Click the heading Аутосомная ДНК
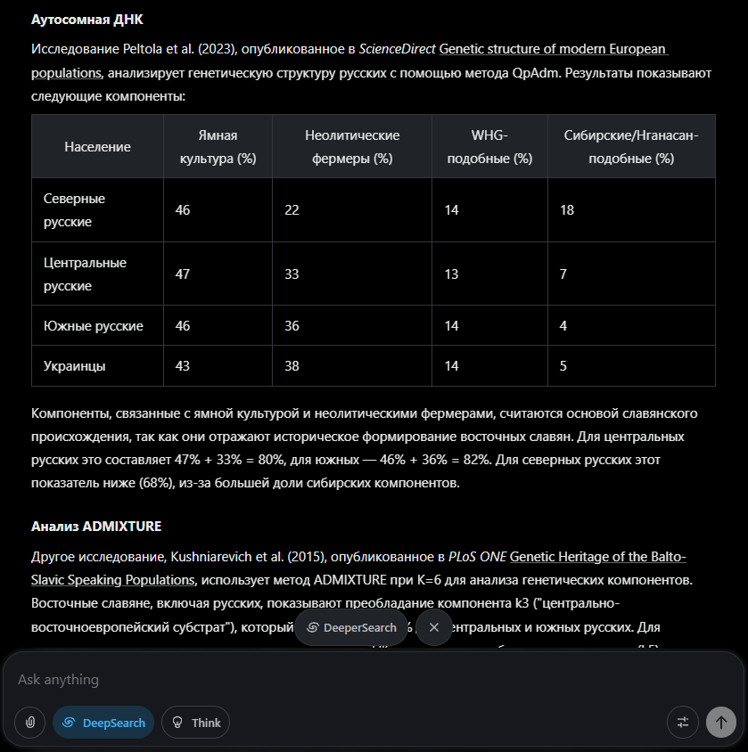click(x=86, y=20)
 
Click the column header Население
click(x=97, y=147)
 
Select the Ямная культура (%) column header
click(x=218, y=147)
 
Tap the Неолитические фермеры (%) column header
click(x=352, y=147)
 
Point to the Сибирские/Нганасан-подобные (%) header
click(x=631, y=147)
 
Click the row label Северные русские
click(x=75, y=209)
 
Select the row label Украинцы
click(x=75, y=366)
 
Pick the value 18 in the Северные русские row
click(x=567, y=210)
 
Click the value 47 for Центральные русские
click(x=183, y=274)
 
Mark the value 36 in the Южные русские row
click(x=292, y=326)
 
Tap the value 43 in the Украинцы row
click(x=183, y=366)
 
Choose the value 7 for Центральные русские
click(x=563, y=274)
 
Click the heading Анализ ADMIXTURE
click(x=96, y=526)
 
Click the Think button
click(x=195, y=723)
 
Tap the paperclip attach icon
click(x=30, y=723)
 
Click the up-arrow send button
click(x=720, y=723)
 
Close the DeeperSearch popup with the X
click(x=434, y=627)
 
